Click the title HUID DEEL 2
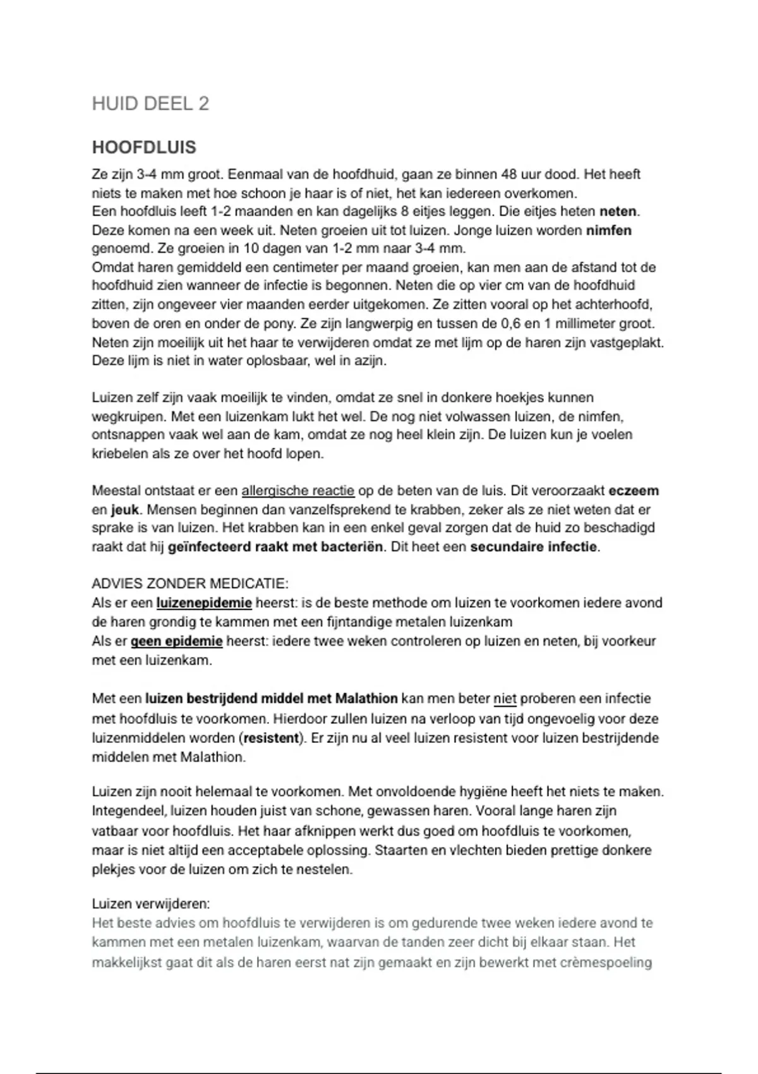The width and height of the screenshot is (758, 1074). coord(150,104)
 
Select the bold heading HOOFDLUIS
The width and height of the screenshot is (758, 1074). coord(144,147)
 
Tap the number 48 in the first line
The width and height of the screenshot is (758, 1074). coord(508,174)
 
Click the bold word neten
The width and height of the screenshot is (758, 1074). coord(618,212)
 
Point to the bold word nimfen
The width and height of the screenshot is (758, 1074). coord(609,231)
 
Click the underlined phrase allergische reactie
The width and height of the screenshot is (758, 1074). coord(298,491)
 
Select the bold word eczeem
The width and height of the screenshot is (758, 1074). coord(634,491)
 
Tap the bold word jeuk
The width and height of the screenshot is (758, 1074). coord(125,510)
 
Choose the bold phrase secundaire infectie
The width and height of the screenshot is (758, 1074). coord(534,547)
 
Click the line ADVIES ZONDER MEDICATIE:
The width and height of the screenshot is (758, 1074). coord(190,583)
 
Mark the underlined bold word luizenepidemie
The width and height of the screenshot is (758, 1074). coord(204,603)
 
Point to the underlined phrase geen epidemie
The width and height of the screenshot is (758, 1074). coord(177,641)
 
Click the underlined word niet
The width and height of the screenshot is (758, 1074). coord(505,699)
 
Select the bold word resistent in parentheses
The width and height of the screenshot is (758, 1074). coord(271,738)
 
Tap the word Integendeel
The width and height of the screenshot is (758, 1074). coord(129,811)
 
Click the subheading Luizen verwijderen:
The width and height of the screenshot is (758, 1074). coord(151,904)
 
